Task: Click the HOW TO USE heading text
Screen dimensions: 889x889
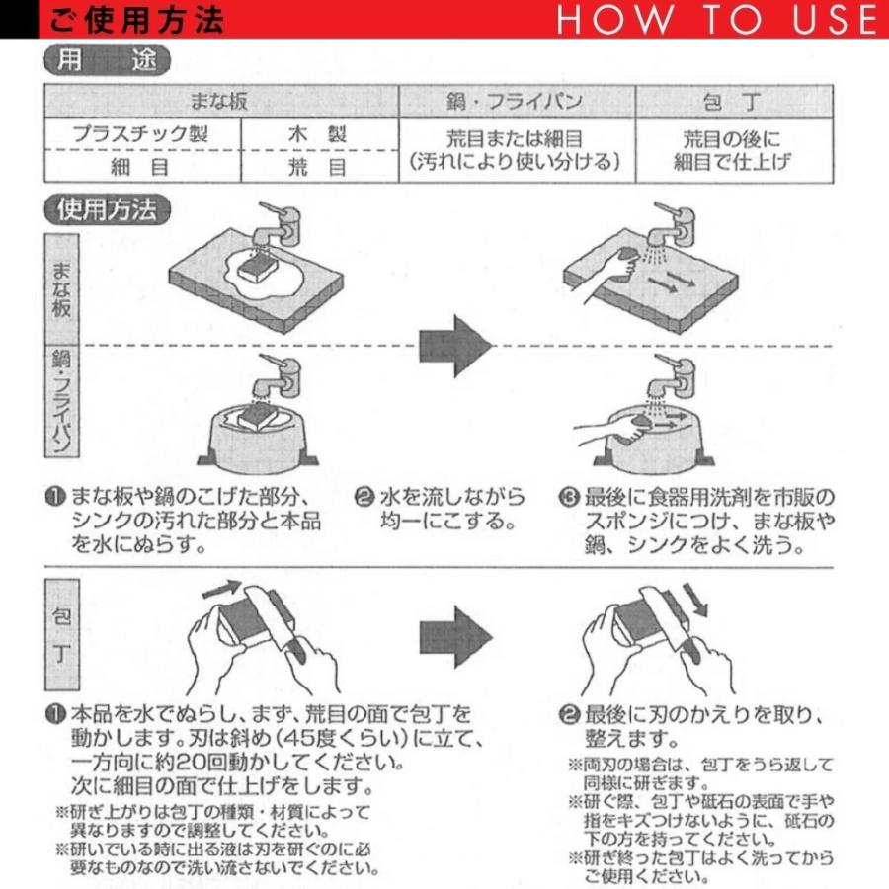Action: pos(716,20)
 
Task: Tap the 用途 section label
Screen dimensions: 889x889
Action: pos(107,61)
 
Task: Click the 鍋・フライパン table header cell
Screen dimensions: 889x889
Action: pos(516,102)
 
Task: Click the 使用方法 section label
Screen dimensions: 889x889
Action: pos(107,209)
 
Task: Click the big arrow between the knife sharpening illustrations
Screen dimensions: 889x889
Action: pos(455,631)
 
